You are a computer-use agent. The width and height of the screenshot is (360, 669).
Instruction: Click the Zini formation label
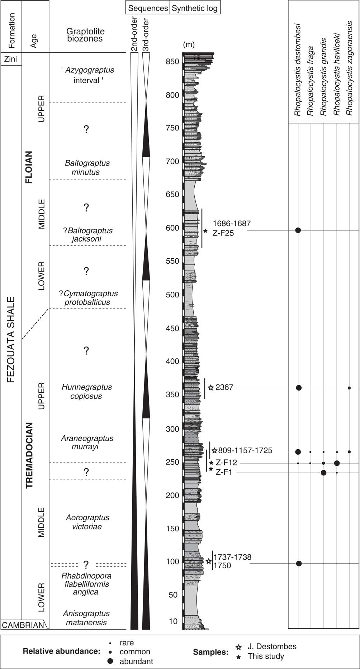click(x=11, y=59)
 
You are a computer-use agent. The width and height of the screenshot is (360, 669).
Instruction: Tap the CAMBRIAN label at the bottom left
click(x=23, y=625)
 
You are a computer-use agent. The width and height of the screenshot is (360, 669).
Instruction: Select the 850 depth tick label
click(x=172, y=62)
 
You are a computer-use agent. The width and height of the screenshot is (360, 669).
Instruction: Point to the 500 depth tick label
click(x=172, y=295)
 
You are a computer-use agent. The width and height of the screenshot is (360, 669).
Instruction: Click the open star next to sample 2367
click(x=211, y=387)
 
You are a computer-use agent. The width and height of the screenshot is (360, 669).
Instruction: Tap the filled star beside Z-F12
click(x=211, y=463)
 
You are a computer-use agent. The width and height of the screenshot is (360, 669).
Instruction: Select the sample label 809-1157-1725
click(x=245, y=450)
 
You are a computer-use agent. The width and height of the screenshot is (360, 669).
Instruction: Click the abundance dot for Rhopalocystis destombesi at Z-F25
click(x=298, y=230)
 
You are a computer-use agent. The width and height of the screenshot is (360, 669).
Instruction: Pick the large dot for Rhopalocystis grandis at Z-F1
click(x=323, y=473)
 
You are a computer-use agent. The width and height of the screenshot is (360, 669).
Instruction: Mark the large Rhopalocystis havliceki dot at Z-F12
click(x=337, y=463)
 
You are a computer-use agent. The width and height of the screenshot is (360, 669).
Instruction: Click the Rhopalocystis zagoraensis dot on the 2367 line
click(x=349, y=388)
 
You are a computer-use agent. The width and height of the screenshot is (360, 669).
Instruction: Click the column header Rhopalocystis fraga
click(x=310, y=81)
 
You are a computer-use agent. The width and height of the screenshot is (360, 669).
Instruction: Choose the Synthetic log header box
click(x=195, y=8)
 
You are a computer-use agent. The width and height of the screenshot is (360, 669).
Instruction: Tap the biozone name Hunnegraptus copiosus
click(x=86, y=392)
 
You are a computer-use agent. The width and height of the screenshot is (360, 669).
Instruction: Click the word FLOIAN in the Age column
click(x=29, y=167)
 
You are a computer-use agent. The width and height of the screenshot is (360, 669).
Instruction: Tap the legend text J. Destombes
click(x=271, y=646)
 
